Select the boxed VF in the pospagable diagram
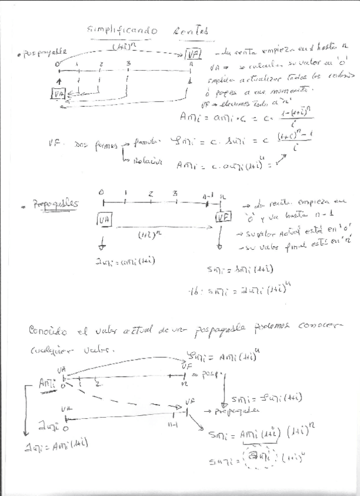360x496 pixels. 193,55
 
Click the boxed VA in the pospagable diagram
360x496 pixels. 58,94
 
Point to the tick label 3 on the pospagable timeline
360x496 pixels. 128,63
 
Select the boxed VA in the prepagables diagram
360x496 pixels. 105,219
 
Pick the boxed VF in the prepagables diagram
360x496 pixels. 223,217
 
